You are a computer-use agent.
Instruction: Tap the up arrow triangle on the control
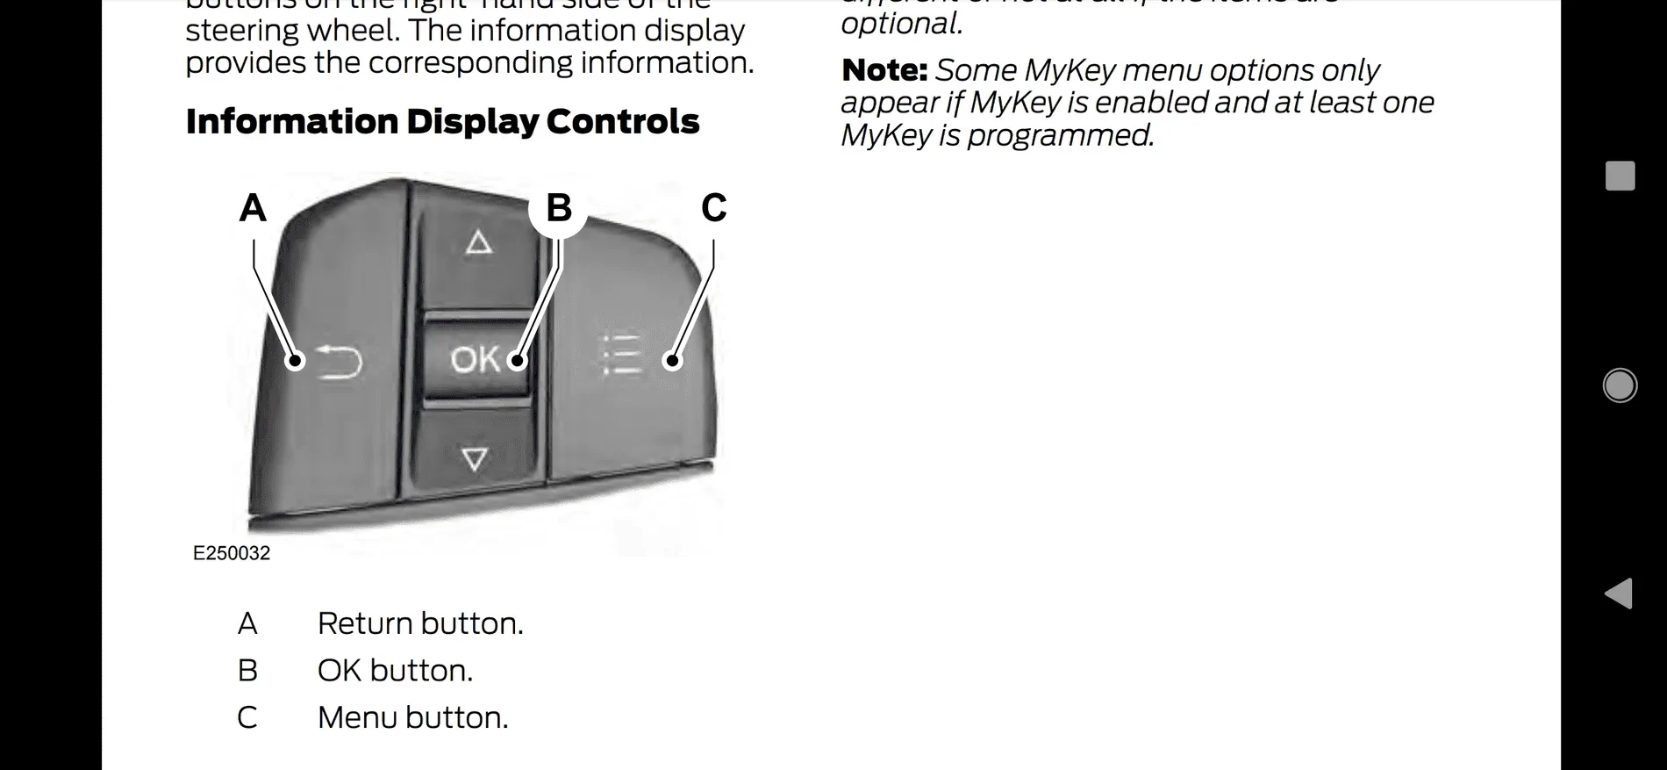(478, 241)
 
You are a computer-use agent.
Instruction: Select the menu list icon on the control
(622, 354)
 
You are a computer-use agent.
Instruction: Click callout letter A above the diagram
(253, 208)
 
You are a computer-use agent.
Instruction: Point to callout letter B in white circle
(558, 208)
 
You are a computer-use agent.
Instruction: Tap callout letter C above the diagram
(713, 208)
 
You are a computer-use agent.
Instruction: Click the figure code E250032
(232, 553)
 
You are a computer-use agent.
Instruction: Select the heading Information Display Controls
(442, 122)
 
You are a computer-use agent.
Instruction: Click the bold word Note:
(884, 70)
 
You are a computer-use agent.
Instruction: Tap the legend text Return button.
(420, 623)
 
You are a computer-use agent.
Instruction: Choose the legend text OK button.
(395, 671)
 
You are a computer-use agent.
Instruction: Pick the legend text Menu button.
(412, 718)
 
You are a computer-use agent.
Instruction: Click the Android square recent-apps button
(1620, 176)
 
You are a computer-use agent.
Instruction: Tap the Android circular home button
(1620, 385)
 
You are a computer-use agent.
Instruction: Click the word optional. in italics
(902, 24)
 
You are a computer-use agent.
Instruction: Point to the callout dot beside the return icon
(296, 360)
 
